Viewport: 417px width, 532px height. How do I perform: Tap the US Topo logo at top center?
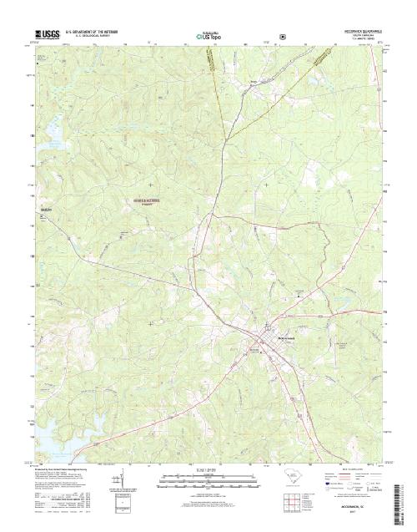pos(208,37)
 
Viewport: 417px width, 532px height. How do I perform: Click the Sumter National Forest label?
pos(143,201)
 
